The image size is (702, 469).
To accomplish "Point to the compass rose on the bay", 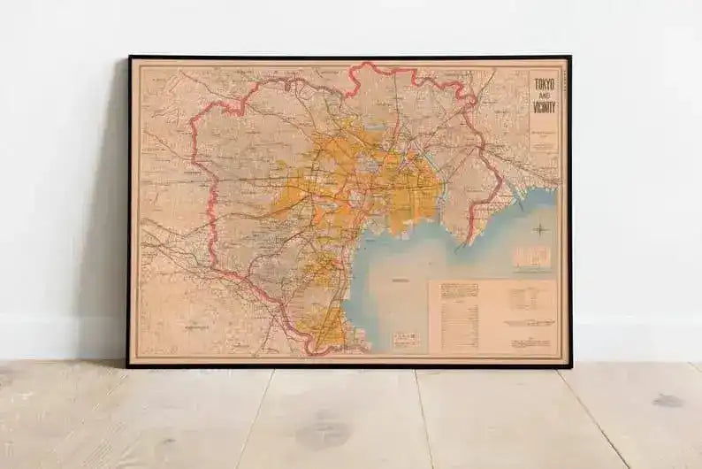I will click(541, 231).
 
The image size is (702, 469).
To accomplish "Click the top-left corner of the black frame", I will click(130, 58).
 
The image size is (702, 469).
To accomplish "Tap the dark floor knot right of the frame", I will click(668, 400).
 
